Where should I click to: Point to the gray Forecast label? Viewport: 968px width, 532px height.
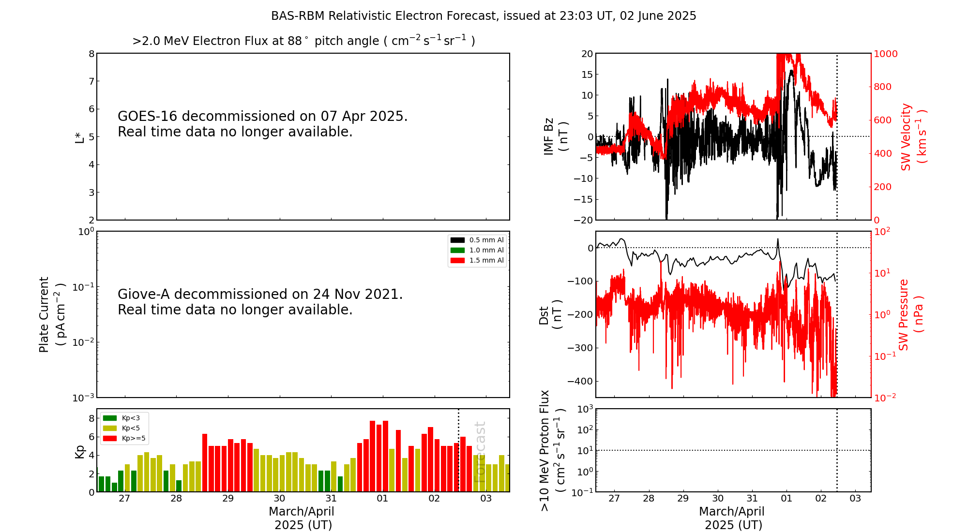pos(480,452)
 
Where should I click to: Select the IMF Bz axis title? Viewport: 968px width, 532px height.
pos(556,136)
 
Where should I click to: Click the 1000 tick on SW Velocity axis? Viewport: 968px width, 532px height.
pos(885,54)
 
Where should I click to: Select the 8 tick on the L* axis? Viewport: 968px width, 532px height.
pos(91,54)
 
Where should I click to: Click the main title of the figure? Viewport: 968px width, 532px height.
pos(484,16)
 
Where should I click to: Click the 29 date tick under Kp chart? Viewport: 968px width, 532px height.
pos(228,499)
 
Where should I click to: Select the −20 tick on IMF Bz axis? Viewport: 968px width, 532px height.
pos(583,220)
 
